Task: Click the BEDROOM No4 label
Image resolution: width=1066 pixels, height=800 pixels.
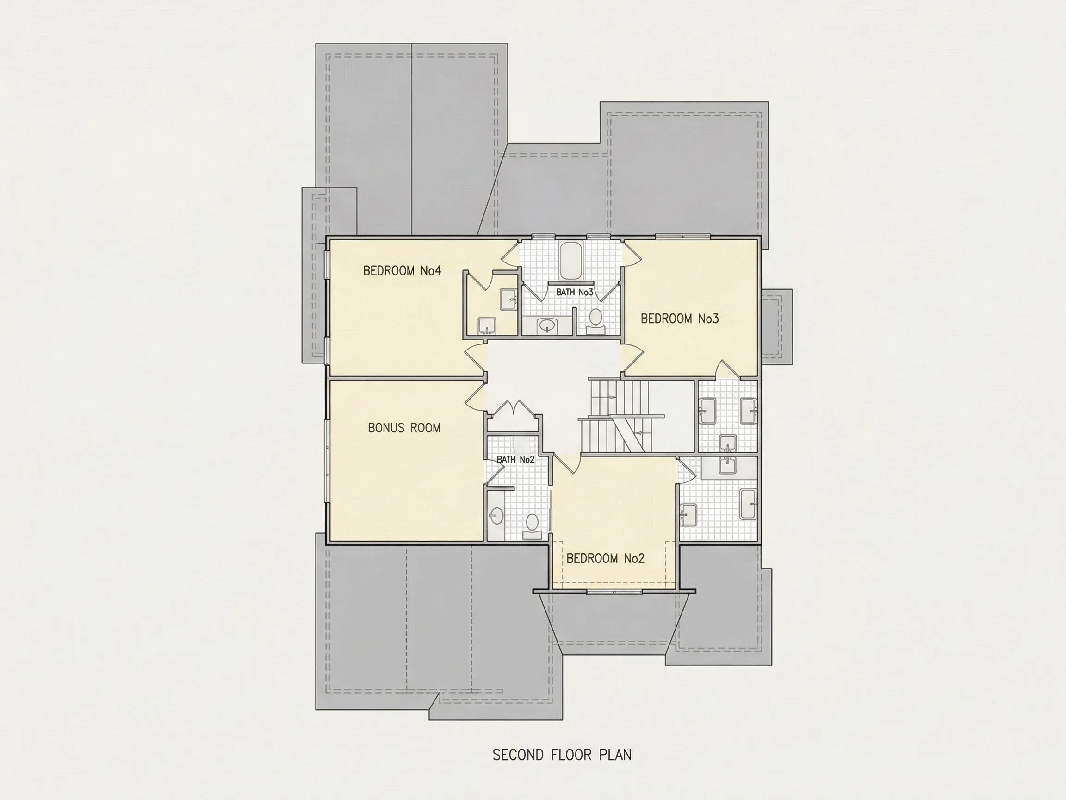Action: pyautogui.click(x=402, y=271)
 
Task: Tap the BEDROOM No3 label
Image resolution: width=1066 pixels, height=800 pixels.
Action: pyautogui.click(x=680, y=319)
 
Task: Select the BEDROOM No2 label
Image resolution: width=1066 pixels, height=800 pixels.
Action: pyautogui.click(x=605, y=559)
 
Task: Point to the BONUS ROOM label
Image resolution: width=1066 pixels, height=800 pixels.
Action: pyautogui.click(x=404, y=428)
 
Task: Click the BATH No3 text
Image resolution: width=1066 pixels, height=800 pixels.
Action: pyautogui.click(x=575, y=292)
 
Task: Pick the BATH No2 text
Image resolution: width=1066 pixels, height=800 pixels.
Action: pyautogui.click(x=516, y=460)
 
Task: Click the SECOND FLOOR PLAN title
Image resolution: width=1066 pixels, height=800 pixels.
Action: pyautogui.click(x=562, y=755)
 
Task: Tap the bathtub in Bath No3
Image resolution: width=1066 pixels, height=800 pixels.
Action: pyautogui.click(x=571, y=260)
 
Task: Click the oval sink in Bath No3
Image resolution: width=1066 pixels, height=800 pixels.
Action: pyautogui.click(x=546, y=325)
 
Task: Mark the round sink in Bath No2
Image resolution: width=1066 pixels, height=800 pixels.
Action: pyautogui.click(x=496, y=516)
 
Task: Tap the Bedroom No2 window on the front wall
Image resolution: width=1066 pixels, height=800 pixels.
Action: pyautogui.click(x=614, y=592)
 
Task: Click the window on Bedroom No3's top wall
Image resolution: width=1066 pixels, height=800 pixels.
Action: pyautogui.click(x=682, y=236)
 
